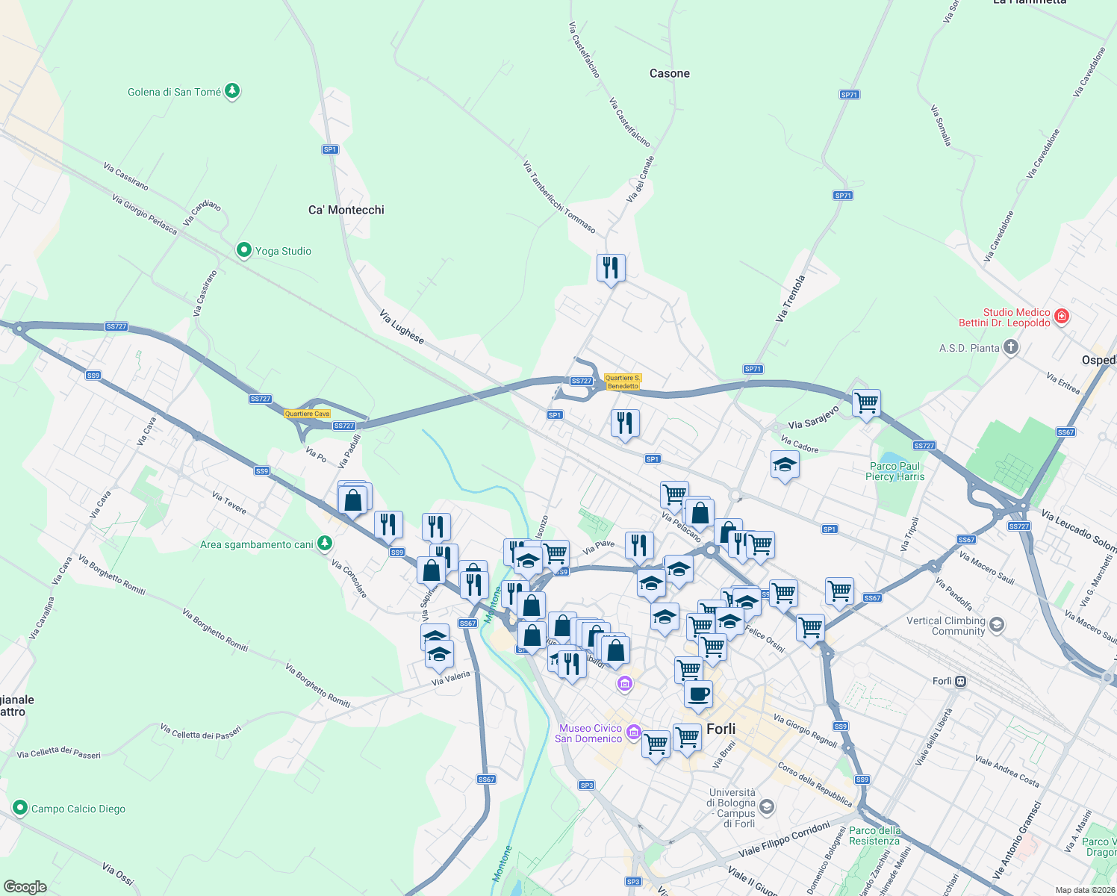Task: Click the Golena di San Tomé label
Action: pyautogui.click(x=174, y=92)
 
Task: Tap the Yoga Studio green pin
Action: pyautogui.click(x=243, y=251)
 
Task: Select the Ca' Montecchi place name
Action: pyautogui.click(x=346, y=210)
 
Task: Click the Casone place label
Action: pyautogui.click(x=670, y=73)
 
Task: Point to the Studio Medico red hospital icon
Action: pyautogui.click(x=1062, y=317)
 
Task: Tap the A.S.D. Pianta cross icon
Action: pyautogui.click(x=1010, y=347)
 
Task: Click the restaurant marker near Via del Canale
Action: pyautogui.click(x=611, y=267)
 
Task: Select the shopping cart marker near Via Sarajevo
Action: pyautogui.click(x=866, y=403)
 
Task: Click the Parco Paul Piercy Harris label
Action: pyautogui.click(x=894, y=471)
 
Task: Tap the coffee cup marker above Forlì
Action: pyautogui.click(x=698, y=694)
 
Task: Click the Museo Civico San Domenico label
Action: pyautogui.click(x=588, y=733)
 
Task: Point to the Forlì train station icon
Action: pyautogui.click(x=960, y=681)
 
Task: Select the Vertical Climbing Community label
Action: pyautogui.click(x=946, y=626)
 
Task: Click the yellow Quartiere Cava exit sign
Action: pyautogui.click(x=307, y=414)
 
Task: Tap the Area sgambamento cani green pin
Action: pyautogui.click(x=324, y=544)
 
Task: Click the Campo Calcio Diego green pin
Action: pyautogui.click(x=19, y=808)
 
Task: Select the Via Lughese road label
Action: pyautogui.click(x=402, y=327)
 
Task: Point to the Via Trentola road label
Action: pyautogui.click(x=790, y=299)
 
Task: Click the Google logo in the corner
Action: pyautogui.click(x=25, y=886)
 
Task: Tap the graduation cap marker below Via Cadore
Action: pyautogui.click(x=784, y=466)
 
